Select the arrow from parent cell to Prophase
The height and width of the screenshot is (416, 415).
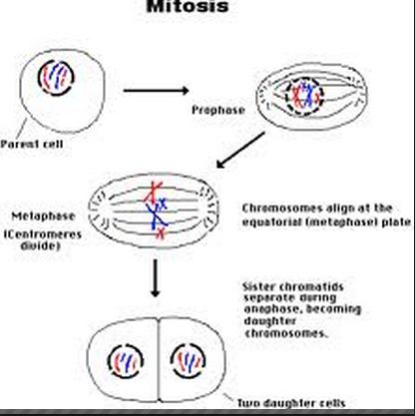pos(155,90)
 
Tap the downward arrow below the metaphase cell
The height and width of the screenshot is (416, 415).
pos(156,280)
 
